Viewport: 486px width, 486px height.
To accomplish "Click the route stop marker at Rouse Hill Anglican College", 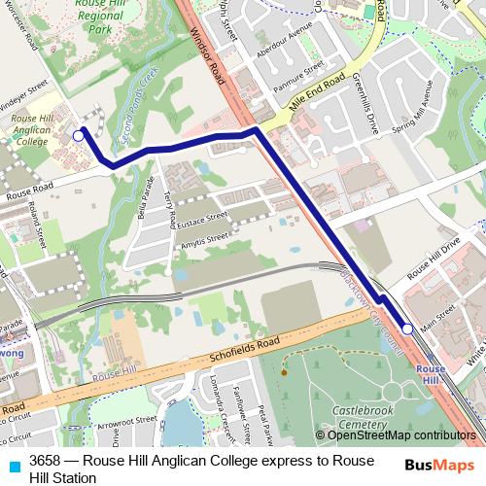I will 78,137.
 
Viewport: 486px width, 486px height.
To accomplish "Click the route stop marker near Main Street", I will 408,330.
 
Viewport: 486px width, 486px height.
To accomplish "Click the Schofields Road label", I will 242,351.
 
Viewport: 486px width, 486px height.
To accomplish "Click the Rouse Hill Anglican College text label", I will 30,129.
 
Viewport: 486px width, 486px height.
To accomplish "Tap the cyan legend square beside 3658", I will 14,461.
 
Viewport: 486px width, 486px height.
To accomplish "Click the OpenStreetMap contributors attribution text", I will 399,434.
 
